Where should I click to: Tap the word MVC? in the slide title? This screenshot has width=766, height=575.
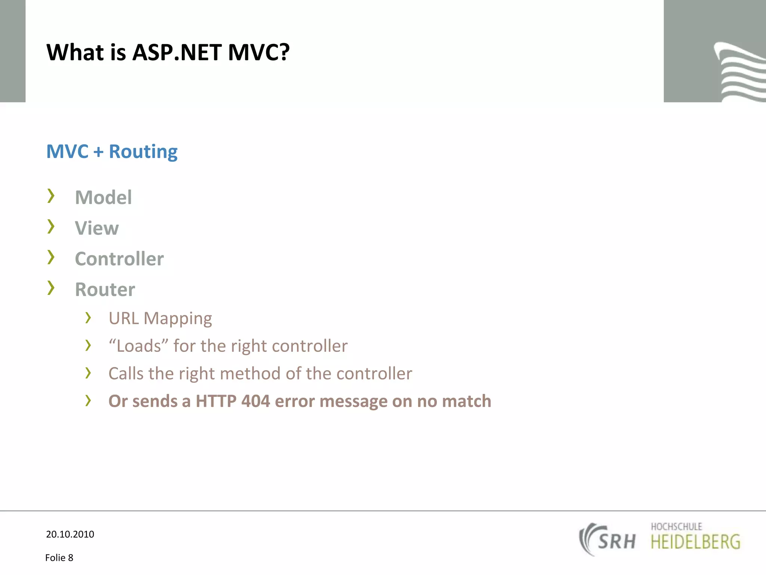pos(259,52)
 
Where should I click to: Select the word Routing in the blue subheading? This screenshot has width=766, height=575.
pos(143,152)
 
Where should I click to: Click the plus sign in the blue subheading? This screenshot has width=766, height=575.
pos(98,152)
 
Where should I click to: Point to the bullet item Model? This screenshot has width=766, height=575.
pos(103,197)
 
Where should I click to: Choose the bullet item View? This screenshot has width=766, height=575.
pos(97,228)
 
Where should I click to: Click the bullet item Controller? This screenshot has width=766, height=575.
pos(119,259)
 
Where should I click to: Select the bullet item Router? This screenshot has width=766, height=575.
pos(105,289)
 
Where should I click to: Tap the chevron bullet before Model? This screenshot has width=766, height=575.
pos(51,196)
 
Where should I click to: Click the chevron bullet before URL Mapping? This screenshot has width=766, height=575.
pos(88,317)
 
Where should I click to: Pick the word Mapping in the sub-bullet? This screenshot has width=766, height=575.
pos(178,319)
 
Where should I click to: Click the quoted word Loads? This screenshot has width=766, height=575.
pos(139,346)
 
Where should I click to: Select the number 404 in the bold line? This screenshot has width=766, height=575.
pos(255,401)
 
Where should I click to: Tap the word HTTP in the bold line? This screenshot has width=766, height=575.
pos(216,401)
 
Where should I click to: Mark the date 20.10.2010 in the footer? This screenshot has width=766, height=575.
pos(70,534)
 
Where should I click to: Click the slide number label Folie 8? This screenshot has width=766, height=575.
pos(59,558)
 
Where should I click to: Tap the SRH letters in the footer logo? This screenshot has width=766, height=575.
pos(616,541)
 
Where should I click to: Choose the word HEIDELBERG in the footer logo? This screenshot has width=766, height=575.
pos(695,542)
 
